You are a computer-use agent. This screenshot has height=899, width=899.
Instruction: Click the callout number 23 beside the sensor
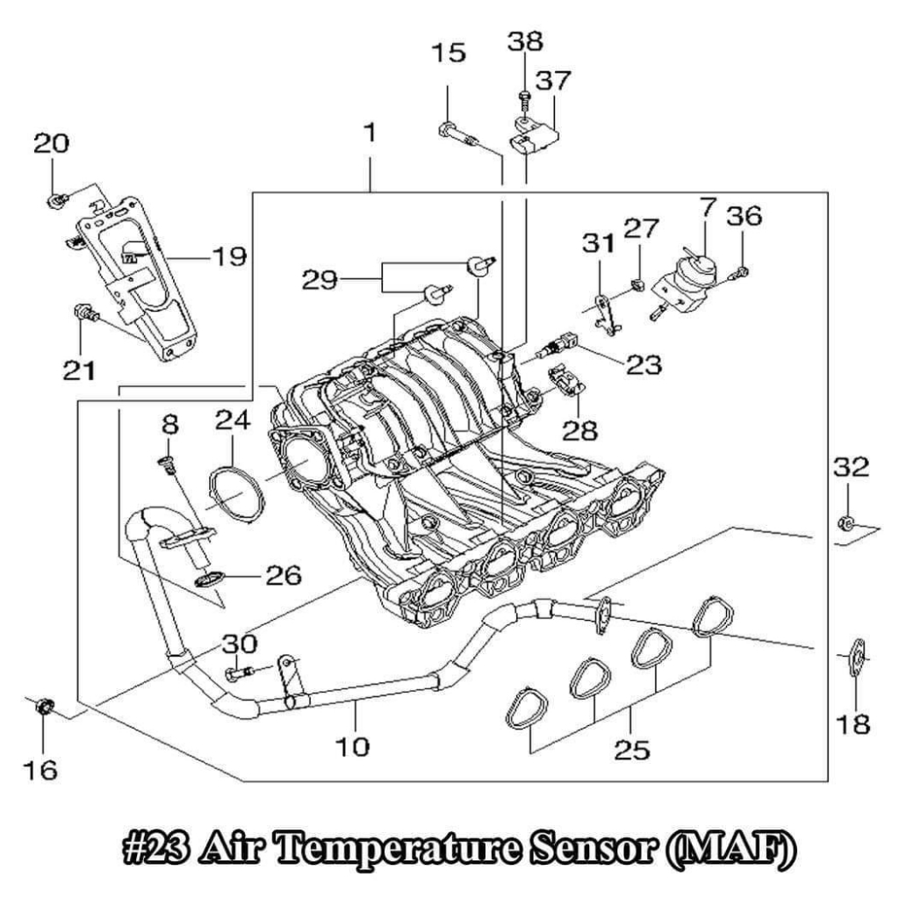click(644, 364)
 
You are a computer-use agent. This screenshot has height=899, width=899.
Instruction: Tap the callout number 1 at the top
click(370, 133)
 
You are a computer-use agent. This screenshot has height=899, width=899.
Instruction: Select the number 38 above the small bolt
click(525, 42)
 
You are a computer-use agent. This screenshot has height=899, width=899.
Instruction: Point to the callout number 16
click(40, 770)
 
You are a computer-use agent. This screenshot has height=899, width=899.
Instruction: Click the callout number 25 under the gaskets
click(632, 750)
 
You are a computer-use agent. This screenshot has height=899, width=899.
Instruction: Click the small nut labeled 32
click(846, 522)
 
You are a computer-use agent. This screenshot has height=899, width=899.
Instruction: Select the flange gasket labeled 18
click(858, 658)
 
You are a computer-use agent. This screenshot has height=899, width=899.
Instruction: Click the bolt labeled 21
click(85, 313)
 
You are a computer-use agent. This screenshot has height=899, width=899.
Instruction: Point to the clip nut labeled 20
click(57, 200)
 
